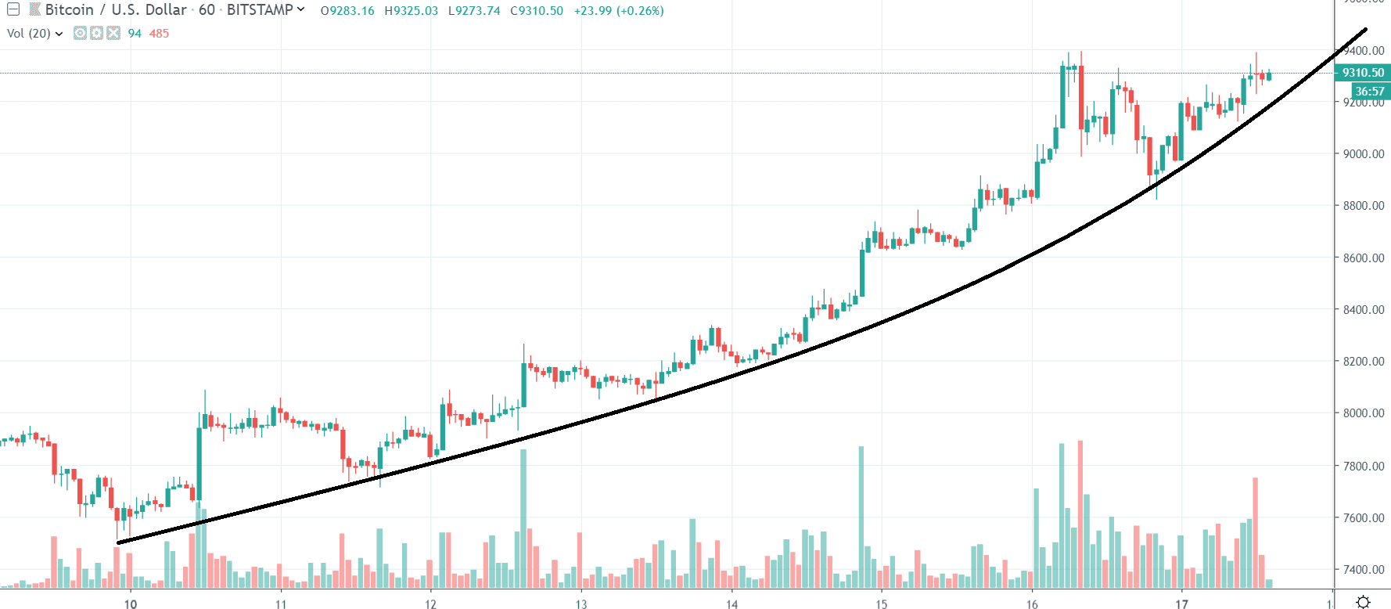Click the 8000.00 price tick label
pos(1363,413)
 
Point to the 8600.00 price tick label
pos(1363,258)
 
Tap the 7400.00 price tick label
pos(1363,569)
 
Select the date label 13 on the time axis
pos(581,604)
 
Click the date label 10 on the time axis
pos(131,604)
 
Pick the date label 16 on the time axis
pos(1032,604)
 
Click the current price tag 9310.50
pos(1363,73)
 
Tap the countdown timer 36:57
pos(1370,92)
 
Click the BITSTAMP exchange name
pos(260,10)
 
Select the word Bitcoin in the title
pos(69,10)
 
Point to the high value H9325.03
pos(412,11)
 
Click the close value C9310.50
pos(537,11)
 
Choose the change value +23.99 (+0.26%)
pos(619,11)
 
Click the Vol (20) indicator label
pos(29,33)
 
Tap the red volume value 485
pos(159,33)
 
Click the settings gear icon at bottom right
pos(1363,601)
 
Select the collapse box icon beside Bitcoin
pos(13,10)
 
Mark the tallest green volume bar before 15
pos(861,517)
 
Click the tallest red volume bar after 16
pos(1080,513)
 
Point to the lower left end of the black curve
pos(119,542)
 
